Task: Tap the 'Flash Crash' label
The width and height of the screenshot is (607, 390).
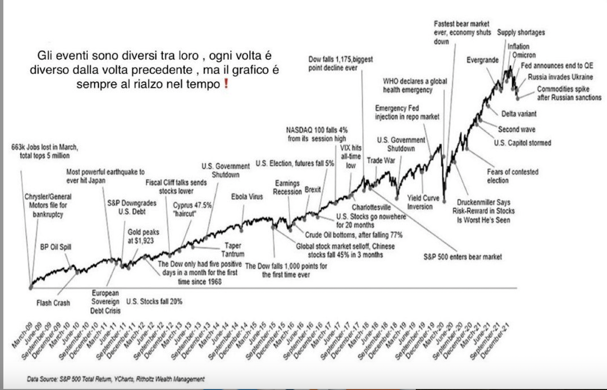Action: (53, 302)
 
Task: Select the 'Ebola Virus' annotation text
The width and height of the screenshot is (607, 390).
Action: (246, 196)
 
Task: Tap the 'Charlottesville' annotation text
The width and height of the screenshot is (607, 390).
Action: (371, 207)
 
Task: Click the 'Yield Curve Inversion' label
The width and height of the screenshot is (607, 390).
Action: (423, 202)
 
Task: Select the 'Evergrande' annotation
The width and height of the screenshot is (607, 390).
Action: (482, 60)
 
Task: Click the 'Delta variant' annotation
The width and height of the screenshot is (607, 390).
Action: (519, 114)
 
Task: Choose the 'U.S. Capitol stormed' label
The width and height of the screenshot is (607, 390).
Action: (522, 143)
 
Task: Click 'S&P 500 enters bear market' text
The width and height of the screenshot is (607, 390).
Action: (462, 257)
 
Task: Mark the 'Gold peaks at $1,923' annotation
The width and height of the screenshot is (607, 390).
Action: (143, 236)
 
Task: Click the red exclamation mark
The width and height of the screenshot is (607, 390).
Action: (226, 85)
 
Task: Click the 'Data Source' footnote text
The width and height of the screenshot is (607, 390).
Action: (116, 379)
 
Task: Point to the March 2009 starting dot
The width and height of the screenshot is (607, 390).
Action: (31, 287)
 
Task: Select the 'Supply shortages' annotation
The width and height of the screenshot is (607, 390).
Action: (521, 33)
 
